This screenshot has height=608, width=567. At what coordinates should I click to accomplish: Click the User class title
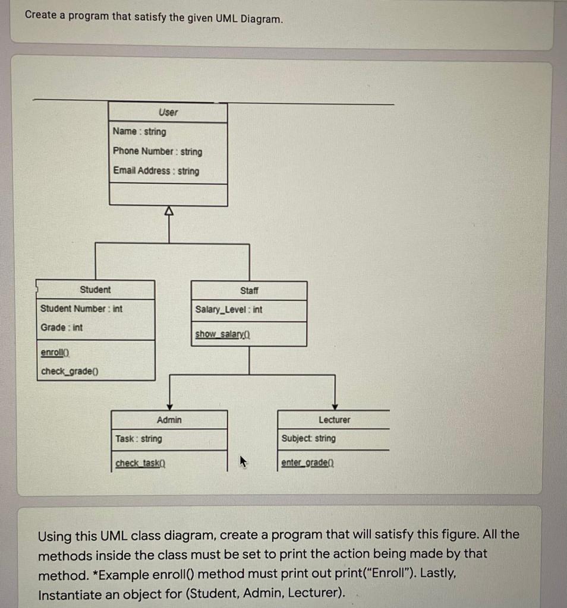[168, 112]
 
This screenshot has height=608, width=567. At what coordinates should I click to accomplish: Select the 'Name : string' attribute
[140, 132]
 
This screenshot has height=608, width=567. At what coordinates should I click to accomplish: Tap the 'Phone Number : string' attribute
[157, 151]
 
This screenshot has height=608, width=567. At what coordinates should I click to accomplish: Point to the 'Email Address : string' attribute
[156, 171]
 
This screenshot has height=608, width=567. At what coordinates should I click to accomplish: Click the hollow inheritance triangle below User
[169, 211]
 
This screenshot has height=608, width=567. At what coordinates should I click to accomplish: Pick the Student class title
[95, 290]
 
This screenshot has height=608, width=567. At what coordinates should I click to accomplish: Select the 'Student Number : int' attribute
[81, 309]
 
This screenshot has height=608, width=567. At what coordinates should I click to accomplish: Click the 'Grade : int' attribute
[62, 328]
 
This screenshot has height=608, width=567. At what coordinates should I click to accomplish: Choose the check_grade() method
[70, 372]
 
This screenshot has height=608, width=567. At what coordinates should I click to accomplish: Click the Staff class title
[249, 291]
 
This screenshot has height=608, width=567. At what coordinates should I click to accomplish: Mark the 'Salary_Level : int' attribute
[229, 310]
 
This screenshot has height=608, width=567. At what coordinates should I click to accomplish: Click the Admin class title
[169, 420]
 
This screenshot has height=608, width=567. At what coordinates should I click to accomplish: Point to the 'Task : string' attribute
[138, 439]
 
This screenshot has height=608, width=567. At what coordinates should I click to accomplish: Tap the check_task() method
[140, 463]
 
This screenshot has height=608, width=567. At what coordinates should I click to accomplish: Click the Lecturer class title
[334, 420]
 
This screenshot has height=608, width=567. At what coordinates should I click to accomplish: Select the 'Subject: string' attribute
[308, 438]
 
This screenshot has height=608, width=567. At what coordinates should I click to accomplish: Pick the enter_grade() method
[307, 463]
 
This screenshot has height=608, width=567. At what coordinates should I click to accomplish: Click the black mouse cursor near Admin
[242, 461]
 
